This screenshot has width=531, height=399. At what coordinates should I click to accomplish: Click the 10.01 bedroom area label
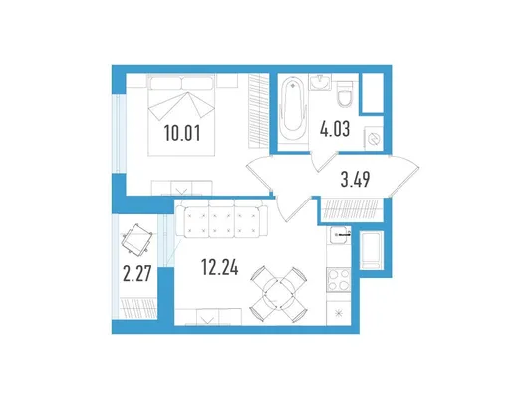tap(182, 133)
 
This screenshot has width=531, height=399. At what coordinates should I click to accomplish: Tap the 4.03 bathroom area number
tap(335, 129)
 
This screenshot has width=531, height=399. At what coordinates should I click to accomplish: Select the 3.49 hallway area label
tap(355, 179)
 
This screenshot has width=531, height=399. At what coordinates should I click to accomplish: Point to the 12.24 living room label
tap(220, 267)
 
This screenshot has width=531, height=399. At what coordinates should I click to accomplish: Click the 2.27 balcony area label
tap(136, 274)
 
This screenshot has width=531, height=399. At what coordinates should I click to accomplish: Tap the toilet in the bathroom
tap(345, 94)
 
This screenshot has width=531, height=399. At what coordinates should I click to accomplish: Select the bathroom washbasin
tap(320, 83)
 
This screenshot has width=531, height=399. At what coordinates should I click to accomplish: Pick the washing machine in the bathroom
tap(374, 139)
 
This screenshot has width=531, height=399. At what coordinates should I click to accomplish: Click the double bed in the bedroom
tap(181, 115)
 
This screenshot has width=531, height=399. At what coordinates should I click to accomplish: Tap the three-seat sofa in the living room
tap(221, 218)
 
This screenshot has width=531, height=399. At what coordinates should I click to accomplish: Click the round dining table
tap(279, 294)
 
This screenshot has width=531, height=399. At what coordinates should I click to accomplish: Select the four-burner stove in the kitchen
tap(339, 279)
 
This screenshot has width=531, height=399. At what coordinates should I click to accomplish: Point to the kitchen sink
tap(339, 235)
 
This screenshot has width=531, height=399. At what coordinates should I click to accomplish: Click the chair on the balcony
tap(137, 239)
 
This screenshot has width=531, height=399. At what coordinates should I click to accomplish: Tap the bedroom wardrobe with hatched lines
tap(259, 111)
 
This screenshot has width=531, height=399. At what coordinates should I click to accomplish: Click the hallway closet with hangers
tap(351, 209)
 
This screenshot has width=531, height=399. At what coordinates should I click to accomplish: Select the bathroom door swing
tap(324, 162)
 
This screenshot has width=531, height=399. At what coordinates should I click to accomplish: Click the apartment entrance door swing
tap(404, 176)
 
